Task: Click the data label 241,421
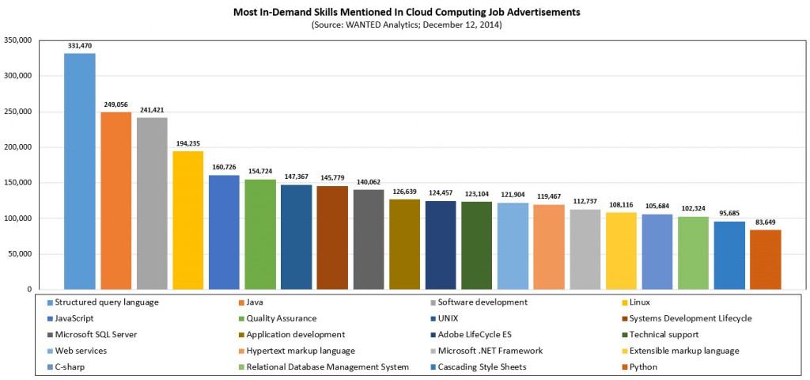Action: click(152, 110)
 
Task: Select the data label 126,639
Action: click(404, 192)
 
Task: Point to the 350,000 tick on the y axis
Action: click(18, 40)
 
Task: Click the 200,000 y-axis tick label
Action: click(18, 147)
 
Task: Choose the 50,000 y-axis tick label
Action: click(21, 254)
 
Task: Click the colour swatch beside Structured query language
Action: click(51, 302)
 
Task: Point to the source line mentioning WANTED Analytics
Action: click(407, 25)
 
